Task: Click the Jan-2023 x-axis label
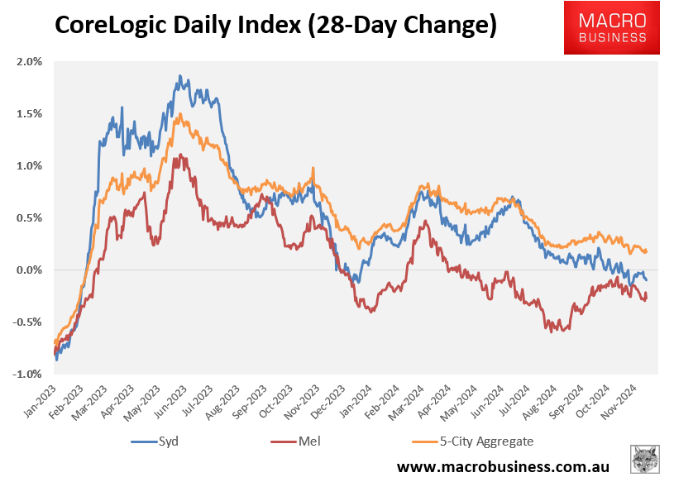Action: (41, 399)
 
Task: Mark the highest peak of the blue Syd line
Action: (179, 75)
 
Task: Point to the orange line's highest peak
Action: (178, 114)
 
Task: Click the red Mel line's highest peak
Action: (175, 154)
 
